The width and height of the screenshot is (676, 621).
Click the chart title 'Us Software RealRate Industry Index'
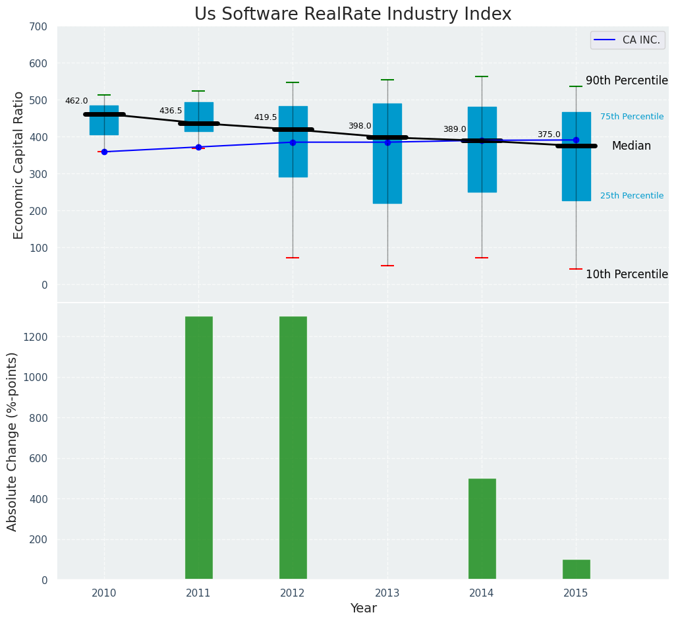click(352, 15)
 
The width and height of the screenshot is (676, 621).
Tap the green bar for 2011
click(198, 448)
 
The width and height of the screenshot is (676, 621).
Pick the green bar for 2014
click(482, 529)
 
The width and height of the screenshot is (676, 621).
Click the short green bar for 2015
click(576, 570)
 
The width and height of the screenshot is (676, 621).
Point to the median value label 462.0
click(76, 101)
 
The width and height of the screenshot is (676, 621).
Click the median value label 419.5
click(266, 117)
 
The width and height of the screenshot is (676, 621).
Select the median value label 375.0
click(549, 134)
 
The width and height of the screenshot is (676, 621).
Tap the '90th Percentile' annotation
click(627, 80)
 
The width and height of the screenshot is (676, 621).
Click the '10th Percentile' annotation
click(627, 274)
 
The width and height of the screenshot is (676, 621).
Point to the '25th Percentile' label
click(631, 196)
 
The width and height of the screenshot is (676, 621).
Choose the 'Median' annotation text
click(631, 146)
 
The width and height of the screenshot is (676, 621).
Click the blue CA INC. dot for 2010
click(104, 152)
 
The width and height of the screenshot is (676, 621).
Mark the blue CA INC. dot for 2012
click(293, 142)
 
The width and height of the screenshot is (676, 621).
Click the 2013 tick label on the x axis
click(387, 593)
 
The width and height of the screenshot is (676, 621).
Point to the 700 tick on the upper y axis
click(38, 26)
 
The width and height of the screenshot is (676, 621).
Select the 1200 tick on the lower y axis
click(35, 337)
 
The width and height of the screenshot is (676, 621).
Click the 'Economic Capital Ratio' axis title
click(18, 165)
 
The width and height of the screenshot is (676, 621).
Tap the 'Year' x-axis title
click(363, 608)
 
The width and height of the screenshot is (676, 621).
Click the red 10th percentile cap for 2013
click(387, 266)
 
